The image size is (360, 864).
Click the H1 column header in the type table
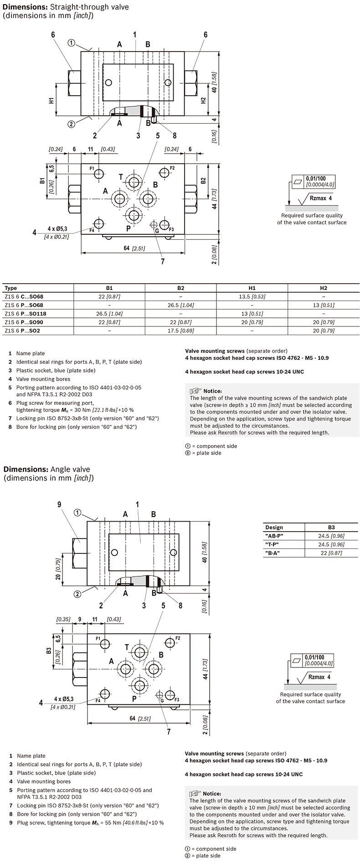252,288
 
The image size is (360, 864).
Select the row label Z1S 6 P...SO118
26,314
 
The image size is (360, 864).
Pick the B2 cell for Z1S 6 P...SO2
180,331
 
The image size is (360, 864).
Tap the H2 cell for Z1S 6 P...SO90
323,322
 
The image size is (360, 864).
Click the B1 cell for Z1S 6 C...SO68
109,296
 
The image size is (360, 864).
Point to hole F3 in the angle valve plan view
170,695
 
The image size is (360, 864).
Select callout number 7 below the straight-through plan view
163,262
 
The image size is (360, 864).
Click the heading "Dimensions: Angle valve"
47,469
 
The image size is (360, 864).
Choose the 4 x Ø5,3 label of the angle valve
64,698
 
